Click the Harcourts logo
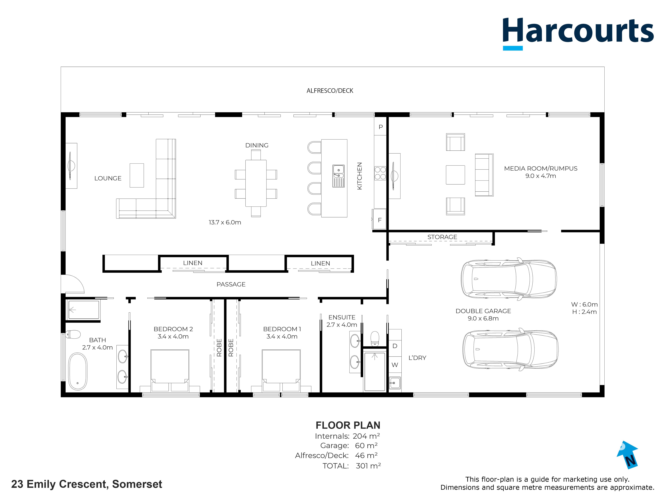click(578, 33)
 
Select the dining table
click(256, 183)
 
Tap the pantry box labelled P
click(380, 127)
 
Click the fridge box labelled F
click(380, 220)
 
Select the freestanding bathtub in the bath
click(78, 372)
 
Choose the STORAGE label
click(442, 237)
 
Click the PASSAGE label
click(231, 284)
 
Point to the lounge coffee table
click(137, 175)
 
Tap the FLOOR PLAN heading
click(348, 425)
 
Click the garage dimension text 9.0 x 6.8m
click(483, 318)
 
